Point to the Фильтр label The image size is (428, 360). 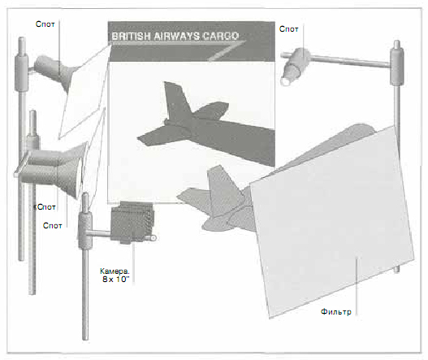point(335,312)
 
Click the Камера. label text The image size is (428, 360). point(115,271)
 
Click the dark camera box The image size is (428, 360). point(132,222)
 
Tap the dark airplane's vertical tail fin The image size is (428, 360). point(176,100)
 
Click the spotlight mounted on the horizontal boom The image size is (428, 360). point(294,67)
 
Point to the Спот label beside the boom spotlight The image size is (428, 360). point(288,29)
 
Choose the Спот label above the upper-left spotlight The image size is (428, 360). point(45,24)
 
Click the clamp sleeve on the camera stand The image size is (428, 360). point(85,230)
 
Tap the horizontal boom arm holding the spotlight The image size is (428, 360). point(349,61)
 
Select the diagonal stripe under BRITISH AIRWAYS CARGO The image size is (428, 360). point(226,51)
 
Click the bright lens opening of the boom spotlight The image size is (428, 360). point(286,81)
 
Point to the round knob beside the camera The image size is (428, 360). point(153,238)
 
